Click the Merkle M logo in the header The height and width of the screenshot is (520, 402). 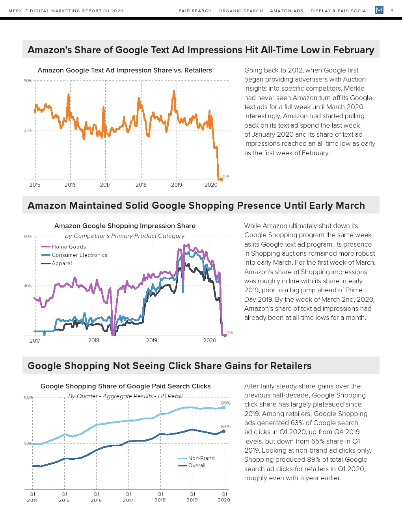pyautogui.click(x=379, y=10)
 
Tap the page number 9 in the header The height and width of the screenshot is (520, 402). pyautogui.click(x=392, y=11)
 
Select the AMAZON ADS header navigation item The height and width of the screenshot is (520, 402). pyautogui.click(x=287, y=11)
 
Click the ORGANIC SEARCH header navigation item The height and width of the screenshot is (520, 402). pyautogui.click(x=241, y=11)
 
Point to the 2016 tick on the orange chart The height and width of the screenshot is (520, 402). pyautogui.click(x=70, y=185)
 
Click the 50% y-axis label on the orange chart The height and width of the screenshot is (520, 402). pyautogui.click(x=28, y=81)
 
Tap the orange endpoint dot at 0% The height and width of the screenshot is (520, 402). pyautogui.click(x=221, y=179)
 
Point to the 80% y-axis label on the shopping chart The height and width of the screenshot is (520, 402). pyautogui.click(x=28, y=236)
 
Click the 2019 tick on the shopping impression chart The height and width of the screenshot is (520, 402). pyautogui.click(x=152, y=340)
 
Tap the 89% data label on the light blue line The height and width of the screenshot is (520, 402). pyautogui.click(x=226, y=403)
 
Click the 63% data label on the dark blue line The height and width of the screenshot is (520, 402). pyautogui.click(x=226, y=427)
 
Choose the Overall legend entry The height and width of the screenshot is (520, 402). pyautogui.click(x=197, y=465)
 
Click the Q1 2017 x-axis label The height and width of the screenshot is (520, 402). pyautogui.click(x=128, y=497)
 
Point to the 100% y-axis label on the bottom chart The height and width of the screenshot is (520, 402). pyautogui.click(x=28, y=397)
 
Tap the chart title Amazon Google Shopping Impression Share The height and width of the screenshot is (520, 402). pyautogui.click(x=125, y=226)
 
